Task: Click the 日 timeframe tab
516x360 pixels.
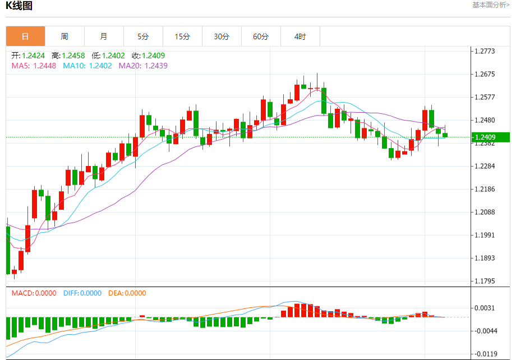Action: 25,36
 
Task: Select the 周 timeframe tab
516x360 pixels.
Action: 64,36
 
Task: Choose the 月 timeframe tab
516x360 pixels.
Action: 104,36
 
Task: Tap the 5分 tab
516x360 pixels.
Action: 143,36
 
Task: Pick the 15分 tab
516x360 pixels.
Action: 182,36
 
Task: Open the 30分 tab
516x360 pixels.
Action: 222,36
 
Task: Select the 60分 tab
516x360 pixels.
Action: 261,36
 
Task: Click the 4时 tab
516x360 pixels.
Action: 300,36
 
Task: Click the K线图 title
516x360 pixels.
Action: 20,6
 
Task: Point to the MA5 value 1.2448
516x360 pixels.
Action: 45,66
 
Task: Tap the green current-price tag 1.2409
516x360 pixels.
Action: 490,137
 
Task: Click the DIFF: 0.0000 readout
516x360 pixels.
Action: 82,293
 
